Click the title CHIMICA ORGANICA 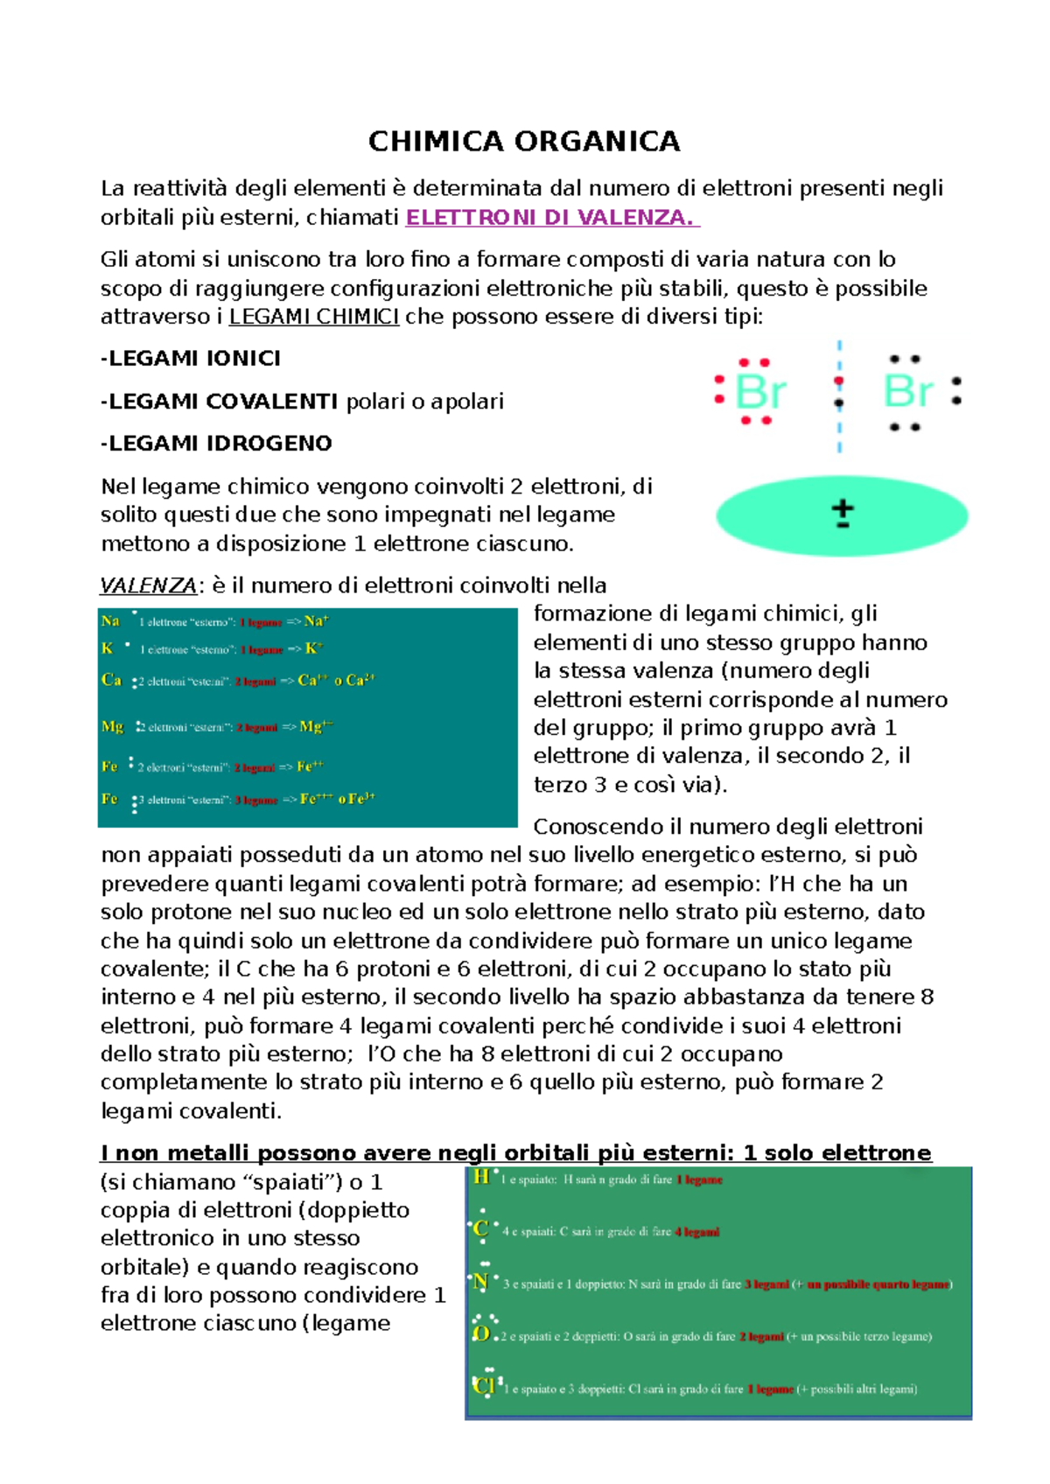[x=524, y=141]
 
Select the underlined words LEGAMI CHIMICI [x=313, y=317]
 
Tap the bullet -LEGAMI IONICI [x=191, y=359]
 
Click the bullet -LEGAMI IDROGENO [x=216, y=444]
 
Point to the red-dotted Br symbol [x=760, y=392]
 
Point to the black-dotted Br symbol [x=907, y=391]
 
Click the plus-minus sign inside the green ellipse [x=842, y=514]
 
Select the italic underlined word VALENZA [x=148, y=585]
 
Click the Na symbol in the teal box [x=110, y=621]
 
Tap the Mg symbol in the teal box [x=113, y=726]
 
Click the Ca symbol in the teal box [x=111, y=680]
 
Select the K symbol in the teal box [x=107, y=648]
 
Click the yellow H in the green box [x=481, y=1177]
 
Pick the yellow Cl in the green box [x=484, y=1386]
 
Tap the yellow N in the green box [x=480, y=1282]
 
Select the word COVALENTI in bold [x=271, y=402]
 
